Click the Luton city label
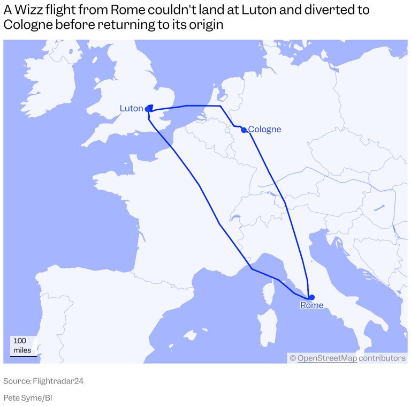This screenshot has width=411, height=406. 131,108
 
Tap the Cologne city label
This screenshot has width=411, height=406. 264,129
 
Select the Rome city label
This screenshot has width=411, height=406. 311,305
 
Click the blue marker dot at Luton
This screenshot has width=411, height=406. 148,109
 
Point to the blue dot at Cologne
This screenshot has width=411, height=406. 244,130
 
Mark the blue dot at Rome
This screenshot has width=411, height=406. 311,297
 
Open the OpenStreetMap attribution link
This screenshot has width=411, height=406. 326,358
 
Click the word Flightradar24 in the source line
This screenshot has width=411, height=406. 58,381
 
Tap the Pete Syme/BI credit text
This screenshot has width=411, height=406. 27,398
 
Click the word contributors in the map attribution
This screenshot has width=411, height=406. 382,358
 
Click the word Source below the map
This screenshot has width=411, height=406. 17,381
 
